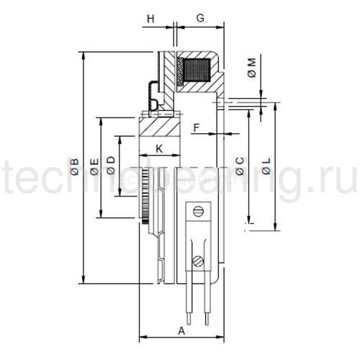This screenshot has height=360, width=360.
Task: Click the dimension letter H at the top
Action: point(150,16)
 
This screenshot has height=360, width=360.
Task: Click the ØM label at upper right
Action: point(251,70)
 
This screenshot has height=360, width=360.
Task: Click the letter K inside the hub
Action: point(160,148)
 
